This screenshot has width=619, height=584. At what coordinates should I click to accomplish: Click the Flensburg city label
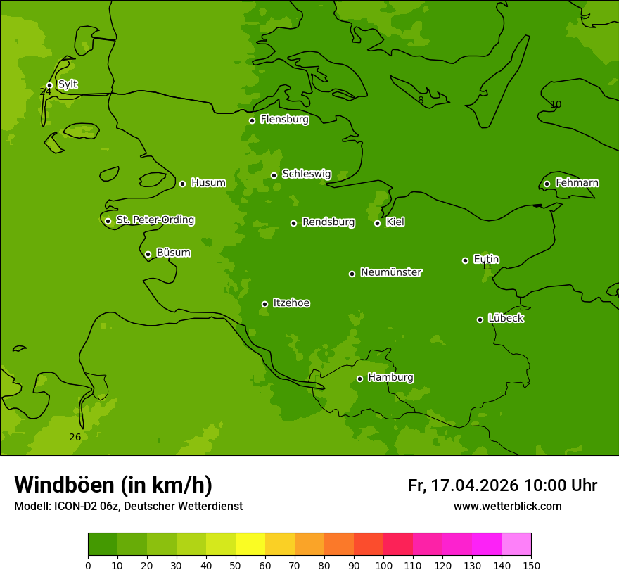[284, 120]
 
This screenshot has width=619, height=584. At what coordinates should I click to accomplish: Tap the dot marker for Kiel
[377, 223]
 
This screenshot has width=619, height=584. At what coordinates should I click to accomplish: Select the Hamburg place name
[390, 378]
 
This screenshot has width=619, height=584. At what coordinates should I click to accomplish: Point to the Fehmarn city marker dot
[547, 184]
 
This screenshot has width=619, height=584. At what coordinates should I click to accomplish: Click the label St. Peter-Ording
[155, 220]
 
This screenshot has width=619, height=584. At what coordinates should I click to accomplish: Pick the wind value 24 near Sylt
[45, 91]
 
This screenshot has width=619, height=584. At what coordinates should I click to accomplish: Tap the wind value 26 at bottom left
[75, 437]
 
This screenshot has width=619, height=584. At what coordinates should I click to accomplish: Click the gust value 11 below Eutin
[487, 266]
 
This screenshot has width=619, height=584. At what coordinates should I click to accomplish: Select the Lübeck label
[506, 318]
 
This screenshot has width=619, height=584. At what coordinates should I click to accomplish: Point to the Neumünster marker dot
[352, 274]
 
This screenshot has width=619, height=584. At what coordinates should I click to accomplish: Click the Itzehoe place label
[291, 303]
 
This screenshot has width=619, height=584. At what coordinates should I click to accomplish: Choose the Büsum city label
[173, 253]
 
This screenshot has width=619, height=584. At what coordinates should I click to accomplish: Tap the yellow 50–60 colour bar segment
[250, 545]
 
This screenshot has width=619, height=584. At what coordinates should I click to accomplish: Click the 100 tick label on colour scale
[383, 565]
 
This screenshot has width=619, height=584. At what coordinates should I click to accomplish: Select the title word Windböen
[64, 485]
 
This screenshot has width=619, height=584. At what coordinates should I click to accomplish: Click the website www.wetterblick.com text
[507, 506]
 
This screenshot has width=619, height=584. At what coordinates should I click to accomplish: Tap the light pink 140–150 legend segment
[516, 545]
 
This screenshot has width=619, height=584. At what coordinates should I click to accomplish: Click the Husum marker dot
[182, 184]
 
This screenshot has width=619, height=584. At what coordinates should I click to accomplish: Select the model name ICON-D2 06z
[84, 507]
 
